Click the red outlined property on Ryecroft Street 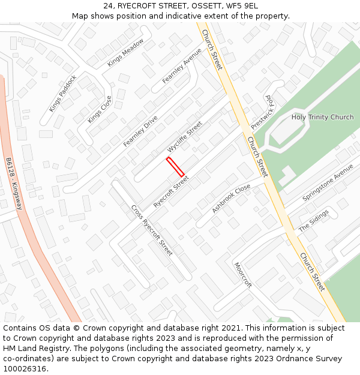(x=175, y=167)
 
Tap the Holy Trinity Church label (x=322, y=117)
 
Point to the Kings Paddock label (x=63, y=93)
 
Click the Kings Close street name (x=100, y=109)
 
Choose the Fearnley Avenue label (x=182, y=65)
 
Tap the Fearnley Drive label (x=140, y=131)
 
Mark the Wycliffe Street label (x=185, y=136)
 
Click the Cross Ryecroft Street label (x=152, y=230)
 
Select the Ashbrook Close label (x=231, y=199)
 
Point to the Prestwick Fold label (x=262, y=112)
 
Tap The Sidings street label (x=314, y=220)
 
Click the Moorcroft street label (x=243, y=275)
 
